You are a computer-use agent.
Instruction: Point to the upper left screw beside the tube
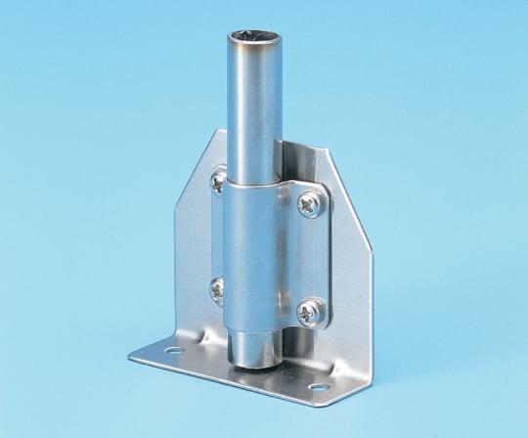pos(217,180)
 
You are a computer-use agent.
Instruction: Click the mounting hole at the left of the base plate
pos(174,349)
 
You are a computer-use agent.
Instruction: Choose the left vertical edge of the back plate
pos(177,264)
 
